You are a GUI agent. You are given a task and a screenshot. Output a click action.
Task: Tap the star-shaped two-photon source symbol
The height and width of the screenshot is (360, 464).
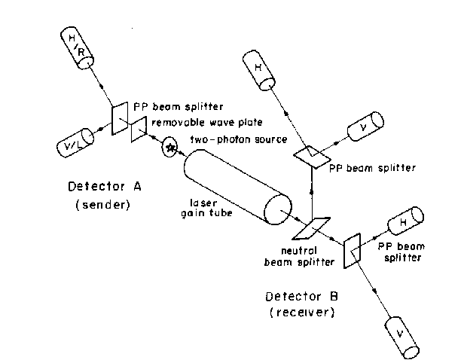pos(170,148)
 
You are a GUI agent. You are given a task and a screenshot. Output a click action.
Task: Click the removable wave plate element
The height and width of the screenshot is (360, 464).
pos(139,130)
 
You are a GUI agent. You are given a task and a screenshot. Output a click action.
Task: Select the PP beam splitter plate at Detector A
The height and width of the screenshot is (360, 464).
pos(121,118)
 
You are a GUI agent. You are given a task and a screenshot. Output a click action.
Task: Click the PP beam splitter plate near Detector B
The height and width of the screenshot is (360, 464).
pos(351,249)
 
